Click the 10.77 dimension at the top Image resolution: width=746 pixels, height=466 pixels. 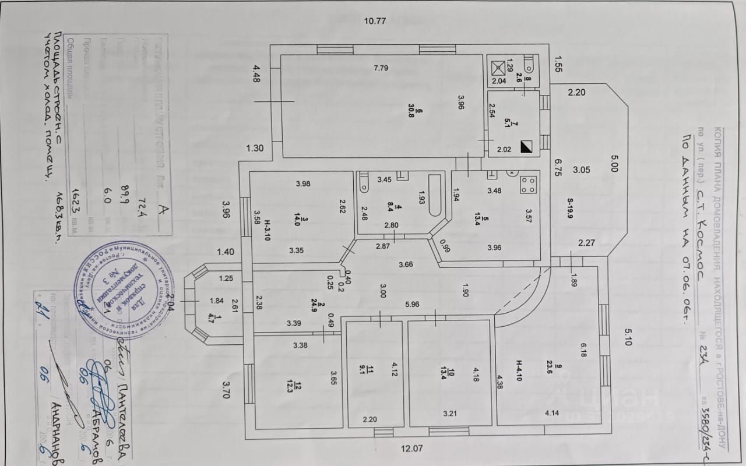375,21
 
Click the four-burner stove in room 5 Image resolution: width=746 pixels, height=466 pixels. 529,185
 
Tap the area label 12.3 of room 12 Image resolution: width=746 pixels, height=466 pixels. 297,386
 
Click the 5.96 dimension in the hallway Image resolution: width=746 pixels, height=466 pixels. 412,303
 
